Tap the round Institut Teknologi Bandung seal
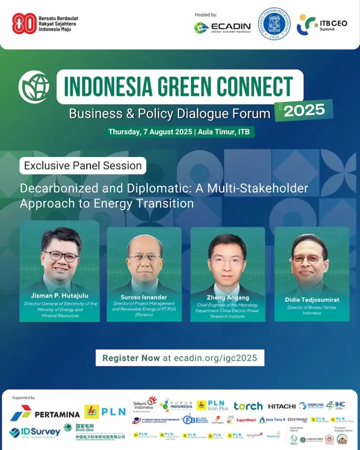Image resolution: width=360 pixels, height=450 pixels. pos(274,24)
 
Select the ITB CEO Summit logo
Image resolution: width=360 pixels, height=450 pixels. pos(322,25)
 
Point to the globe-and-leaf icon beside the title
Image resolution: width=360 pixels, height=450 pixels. pos(34,87)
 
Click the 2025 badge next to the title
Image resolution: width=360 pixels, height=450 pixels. pos(304,110)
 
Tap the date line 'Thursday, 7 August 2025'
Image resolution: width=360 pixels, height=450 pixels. pos(150,132)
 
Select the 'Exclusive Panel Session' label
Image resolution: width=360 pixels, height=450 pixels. pos(83,165)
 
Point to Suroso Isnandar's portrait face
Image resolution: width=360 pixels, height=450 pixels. pos(144,258)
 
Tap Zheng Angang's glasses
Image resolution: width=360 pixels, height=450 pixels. pos(227,260)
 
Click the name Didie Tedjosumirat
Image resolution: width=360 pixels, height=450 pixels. pos(312,299)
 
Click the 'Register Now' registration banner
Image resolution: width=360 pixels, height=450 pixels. pos(180,358)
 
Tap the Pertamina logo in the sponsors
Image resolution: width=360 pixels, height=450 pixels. pos(45,413)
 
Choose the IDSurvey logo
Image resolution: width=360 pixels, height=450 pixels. pos(35,432)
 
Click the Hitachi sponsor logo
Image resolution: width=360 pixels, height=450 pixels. pos(282,406)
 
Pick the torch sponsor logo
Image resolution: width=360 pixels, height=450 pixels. pos(248,406)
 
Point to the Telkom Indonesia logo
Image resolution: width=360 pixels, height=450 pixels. pos(145,404)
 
